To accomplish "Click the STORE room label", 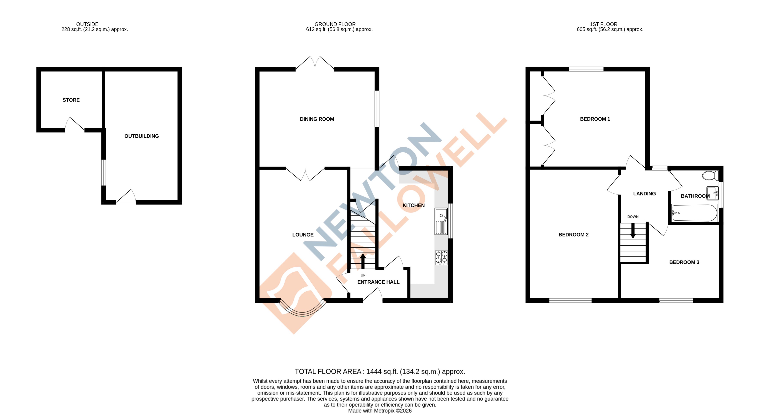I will coord(71,100).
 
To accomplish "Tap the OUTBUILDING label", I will coord(142,136).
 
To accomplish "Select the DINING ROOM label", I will coord(317,119).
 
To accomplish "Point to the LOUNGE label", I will coord(303,235).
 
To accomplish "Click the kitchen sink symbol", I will coord(441,221).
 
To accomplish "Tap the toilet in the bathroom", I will coord(710,176).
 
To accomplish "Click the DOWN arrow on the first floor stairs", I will coord(633,231).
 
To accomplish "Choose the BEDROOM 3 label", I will coord(684,262).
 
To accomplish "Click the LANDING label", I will coord(644,194).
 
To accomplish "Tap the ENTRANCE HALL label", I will coord(378,282).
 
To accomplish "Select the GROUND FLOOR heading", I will coord(335,24).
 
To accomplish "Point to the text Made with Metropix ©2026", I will coord(380,411).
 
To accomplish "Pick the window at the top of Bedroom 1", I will coord(586,69).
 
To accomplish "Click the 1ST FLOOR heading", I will coord(604,24).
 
